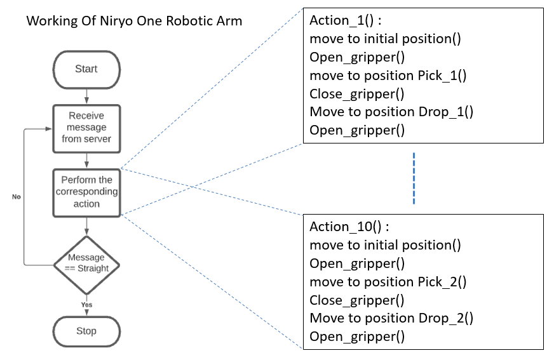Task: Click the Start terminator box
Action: (86, 69)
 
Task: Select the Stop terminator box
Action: (86, 331)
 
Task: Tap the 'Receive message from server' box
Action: (86, 127)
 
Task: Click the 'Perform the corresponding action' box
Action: (86, 192)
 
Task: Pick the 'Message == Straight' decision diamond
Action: (86, 263)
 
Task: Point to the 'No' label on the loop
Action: (17, 197)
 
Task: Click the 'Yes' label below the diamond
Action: (86, 305)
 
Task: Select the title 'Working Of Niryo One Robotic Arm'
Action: (134, 21)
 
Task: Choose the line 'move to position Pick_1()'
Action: (388, 76)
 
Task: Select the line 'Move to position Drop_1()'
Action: (391, 112)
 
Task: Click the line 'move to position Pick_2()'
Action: (388, 282)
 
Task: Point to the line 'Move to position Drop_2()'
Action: (391, 319)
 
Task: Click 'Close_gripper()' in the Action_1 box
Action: (356, 94)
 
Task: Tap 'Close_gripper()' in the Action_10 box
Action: (356, 300)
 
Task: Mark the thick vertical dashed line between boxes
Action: (414, 178)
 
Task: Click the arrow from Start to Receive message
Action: (86, 95)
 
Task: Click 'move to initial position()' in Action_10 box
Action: (385, 245)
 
